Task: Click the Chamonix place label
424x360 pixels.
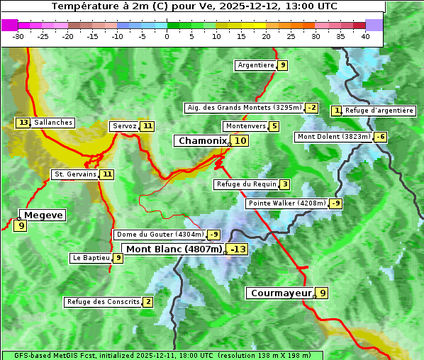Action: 203,141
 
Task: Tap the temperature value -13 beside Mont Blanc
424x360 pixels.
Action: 238,249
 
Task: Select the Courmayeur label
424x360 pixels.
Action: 281,293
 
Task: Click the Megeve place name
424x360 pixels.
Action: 43,215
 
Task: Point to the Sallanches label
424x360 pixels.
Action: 53,123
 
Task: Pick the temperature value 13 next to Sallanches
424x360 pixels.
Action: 23,123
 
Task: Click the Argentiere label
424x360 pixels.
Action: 256,65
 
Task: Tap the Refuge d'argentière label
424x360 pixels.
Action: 379,111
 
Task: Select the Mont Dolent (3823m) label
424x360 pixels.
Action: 334,137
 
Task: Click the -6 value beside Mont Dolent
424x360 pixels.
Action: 381,137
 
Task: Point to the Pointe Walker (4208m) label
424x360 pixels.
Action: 287,203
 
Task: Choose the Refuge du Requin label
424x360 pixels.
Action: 247,184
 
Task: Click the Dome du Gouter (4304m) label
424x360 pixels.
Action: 160,235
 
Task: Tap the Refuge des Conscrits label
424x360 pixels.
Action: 103,302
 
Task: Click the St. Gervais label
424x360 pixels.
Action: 75,174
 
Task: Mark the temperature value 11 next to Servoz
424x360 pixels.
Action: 147,126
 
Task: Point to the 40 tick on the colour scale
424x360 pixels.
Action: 365,36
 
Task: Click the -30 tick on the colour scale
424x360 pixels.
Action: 18,36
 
